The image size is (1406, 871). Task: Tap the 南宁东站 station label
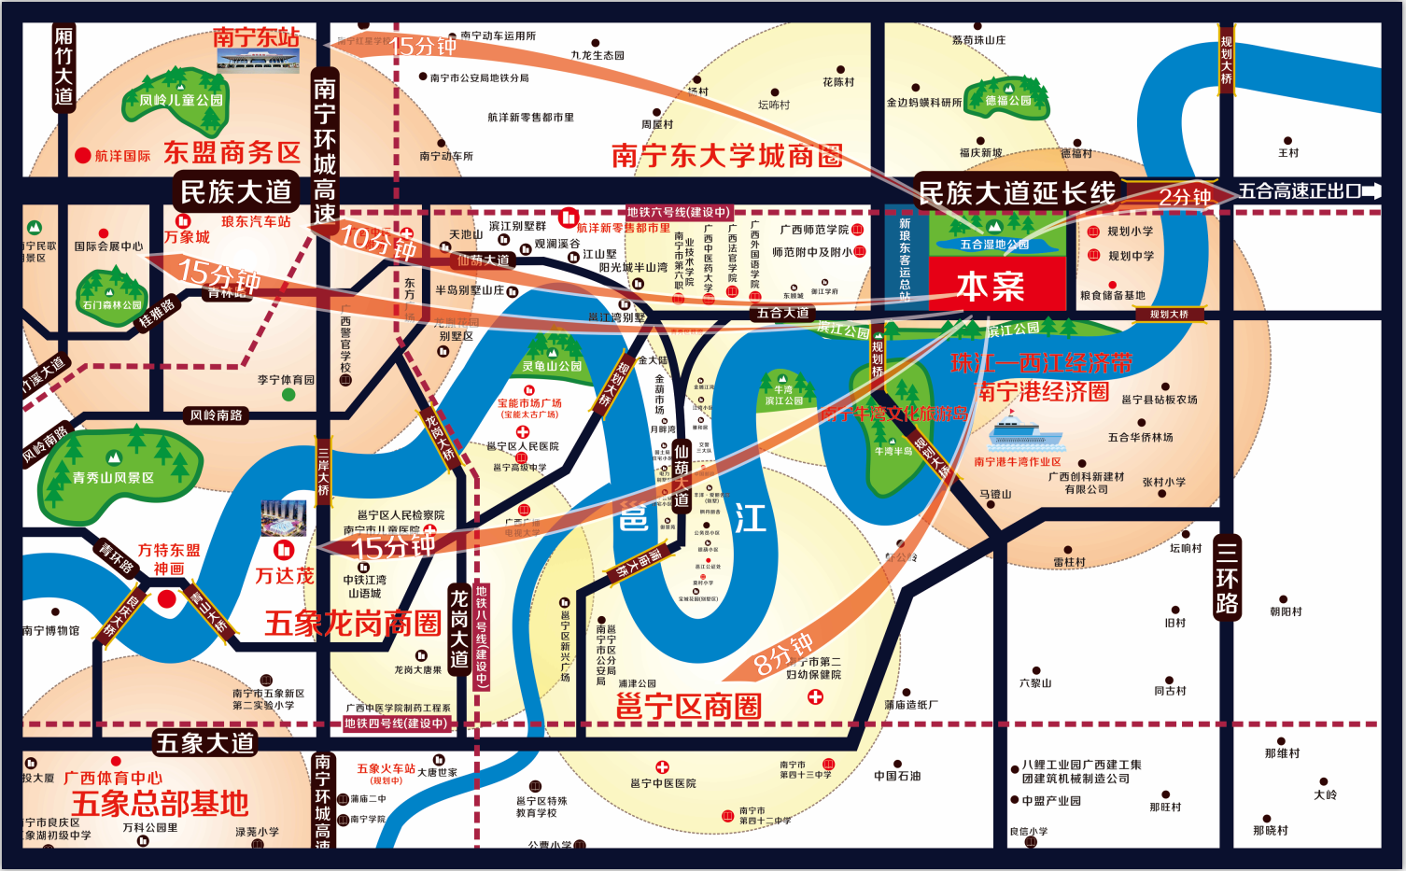[257, 37]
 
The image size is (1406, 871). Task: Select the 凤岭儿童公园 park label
[182, 100]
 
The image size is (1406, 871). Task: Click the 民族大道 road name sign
[236, 191]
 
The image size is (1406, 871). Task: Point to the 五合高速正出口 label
[1300, 191]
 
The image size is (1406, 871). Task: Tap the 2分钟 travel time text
[1185, 197]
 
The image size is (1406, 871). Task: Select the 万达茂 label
[285, 576]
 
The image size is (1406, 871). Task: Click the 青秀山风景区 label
[113, 477]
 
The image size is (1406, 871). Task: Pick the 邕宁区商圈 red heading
[689, 707]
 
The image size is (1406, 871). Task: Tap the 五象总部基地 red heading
[161, 803]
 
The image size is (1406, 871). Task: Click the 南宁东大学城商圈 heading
[727, 156]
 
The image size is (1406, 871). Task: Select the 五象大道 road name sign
[204, 743]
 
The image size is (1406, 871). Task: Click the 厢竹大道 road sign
[63, 67]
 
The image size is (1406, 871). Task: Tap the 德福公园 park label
[1008, 101]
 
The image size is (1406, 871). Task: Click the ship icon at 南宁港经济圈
[1026, 434]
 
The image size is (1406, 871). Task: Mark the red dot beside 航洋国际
[83, 156]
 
